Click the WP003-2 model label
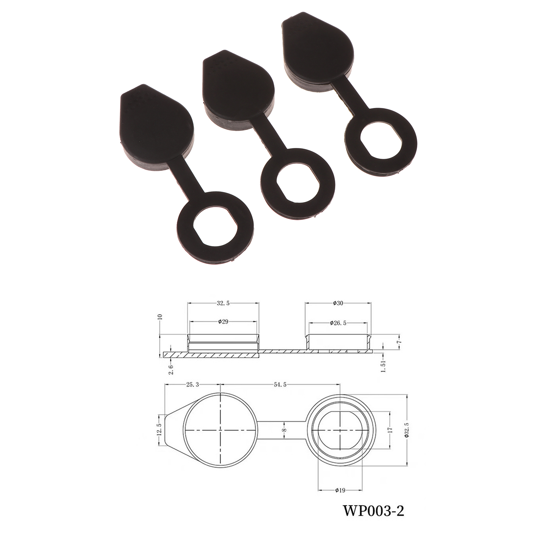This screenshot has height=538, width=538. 373,512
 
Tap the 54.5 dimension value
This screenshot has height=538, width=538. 280,385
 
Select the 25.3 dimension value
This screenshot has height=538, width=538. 192,385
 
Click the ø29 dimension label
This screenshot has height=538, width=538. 223,321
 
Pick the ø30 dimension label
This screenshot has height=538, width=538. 338,303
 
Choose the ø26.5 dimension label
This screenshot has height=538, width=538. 338,323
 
